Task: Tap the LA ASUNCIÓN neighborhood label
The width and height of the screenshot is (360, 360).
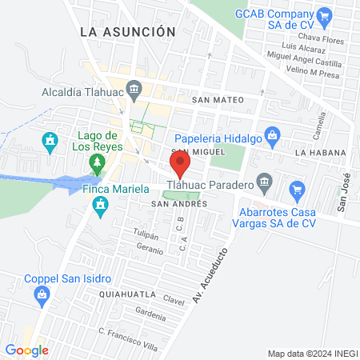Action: point(128,31)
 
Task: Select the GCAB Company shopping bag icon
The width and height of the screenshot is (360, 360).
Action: point(324,14)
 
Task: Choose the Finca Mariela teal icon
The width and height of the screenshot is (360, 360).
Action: point(100,206)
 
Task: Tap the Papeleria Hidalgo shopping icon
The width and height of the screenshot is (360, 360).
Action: point(273,134)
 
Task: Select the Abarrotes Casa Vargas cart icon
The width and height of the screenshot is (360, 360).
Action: point(298,190)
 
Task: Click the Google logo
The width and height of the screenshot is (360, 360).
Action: point(26,350)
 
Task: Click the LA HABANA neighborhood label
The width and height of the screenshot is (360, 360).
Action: point(319,152)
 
